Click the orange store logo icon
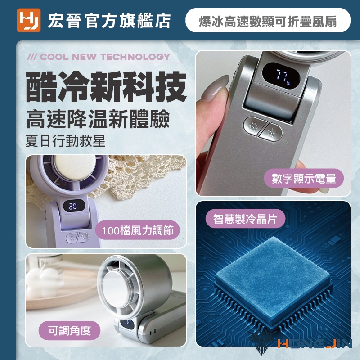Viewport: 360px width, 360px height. [x=29, y=20]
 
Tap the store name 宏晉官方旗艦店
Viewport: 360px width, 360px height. [x=109, y=21]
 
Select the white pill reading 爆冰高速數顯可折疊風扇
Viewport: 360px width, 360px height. [x=268, y=20]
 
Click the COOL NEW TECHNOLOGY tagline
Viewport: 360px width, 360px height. [x=99, y=57]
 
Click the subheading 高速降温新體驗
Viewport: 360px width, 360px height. [x=98, y=119]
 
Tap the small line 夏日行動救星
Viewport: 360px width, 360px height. [x=65, y=140]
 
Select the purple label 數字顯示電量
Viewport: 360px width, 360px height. [x=304, y=178]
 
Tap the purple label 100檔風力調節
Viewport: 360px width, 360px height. [x=138, y=230]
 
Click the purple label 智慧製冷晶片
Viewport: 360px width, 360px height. [x=245, y=219]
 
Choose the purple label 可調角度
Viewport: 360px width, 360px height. [x=70, y=331]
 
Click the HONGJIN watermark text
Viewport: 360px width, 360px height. [x=315, y=343]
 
